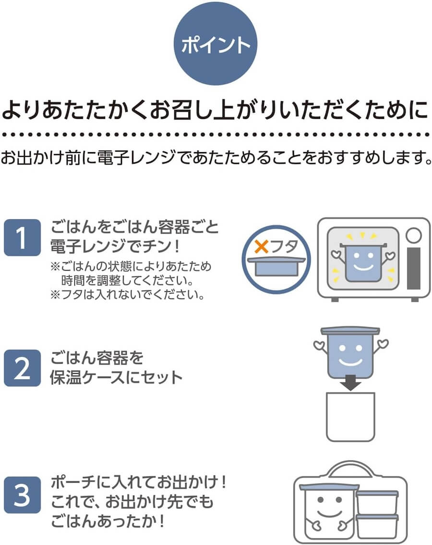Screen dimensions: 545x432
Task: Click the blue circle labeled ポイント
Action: [x=216, y=45]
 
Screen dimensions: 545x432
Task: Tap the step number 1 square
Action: [x=22, y=238]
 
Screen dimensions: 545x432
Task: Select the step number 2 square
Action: [x=22, y=368]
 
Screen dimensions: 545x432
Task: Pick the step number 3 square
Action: [x=22, y=497]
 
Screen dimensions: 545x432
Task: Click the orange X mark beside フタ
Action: [x=262, y=247]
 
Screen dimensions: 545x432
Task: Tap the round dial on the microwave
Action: [x=413, y=235]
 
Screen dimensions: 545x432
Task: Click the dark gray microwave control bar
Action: [x=413, y=268]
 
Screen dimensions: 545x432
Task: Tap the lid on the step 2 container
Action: [x=350, y=331]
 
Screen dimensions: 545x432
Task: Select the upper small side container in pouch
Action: [x=377, y=502]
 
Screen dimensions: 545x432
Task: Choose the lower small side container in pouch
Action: [x=377, y=527]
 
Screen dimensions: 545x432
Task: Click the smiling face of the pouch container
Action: [x=328, y=513]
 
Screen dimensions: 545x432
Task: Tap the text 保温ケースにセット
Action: [x=117, y=377]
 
